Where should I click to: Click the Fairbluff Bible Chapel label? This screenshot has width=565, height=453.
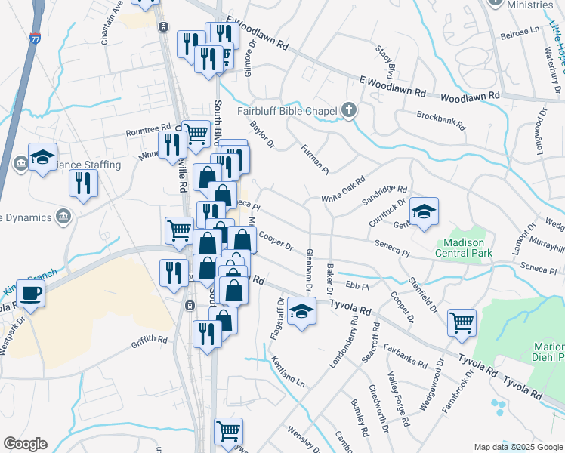tap(287, 112)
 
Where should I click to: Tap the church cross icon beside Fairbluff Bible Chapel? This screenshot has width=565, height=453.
tap(348, 111)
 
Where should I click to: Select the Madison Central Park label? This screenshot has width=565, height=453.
tap(465, 248)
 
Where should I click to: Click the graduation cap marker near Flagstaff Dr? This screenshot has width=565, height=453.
tap(301, 310)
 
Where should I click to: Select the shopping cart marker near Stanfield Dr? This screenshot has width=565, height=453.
tap(461, 322)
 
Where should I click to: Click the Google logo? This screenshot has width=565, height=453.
tap(24, 444)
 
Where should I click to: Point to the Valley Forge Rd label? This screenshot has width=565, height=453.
tap(398, 401)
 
